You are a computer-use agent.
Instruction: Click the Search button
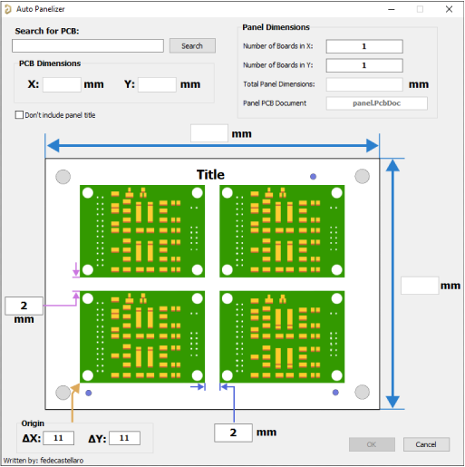coord(192,45)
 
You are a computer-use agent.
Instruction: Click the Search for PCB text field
coord(88,45)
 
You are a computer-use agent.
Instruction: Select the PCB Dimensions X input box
coord(62,84)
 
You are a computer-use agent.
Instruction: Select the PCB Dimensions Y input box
coord(157,84)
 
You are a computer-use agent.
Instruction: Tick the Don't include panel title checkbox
coord(19,115)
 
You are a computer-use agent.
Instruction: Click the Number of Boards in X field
coord(364,46)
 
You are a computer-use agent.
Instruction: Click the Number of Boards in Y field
coord(364,65)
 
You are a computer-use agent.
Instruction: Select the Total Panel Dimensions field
coord(364,84)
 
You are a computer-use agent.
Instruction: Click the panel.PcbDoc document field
coord(377,103)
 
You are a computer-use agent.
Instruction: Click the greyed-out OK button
coord(372,444)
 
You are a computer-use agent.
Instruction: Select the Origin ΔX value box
coord(59,438)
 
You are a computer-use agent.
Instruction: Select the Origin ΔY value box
coord(124,438)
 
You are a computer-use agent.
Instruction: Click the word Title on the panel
coord(210,175)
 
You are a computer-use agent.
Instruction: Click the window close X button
coord(449,9)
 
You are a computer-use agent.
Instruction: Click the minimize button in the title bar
coord(392,9)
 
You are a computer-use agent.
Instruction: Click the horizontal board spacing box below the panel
coord(233,433)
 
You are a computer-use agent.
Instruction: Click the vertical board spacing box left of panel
coord(24,306)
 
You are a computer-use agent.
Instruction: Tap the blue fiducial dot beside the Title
coord(313,177)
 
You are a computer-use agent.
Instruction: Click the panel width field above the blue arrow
coord(209,133)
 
